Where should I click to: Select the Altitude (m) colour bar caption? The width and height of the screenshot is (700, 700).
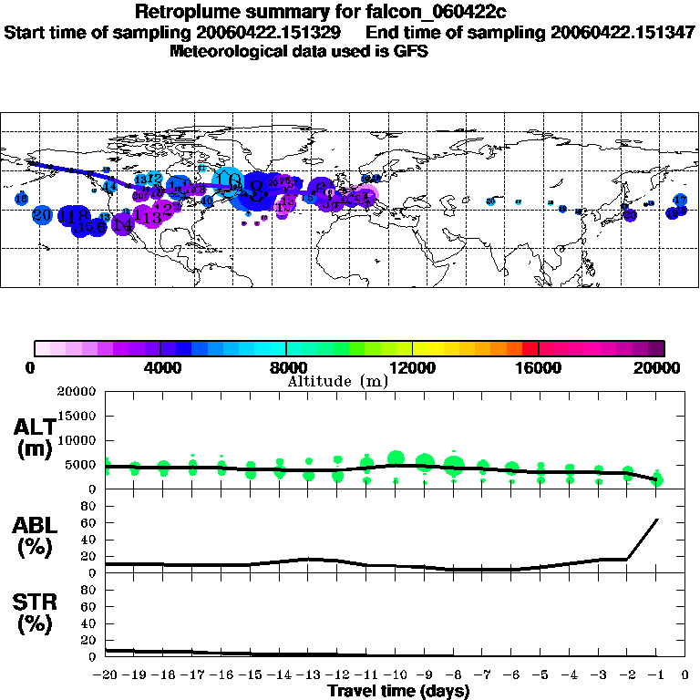click(337, 381)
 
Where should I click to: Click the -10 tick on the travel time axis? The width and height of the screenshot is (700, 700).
click(395, 674)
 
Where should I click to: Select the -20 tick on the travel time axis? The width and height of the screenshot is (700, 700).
click(106, 674)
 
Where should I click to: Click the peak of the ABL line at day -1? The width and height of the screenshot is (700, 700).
click(657, 520)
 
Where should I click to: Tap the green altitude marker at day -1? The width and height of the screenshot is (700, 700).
click(657, 479)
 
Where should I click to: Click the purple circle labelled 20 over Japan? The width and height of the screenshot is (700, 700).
click(629, 215)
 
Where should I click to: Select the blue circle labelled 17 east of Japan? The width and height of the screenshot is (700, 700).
click(680, 200)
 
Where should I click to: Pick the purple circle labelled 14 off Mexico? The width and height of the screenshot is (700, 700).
click(122, 225)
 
